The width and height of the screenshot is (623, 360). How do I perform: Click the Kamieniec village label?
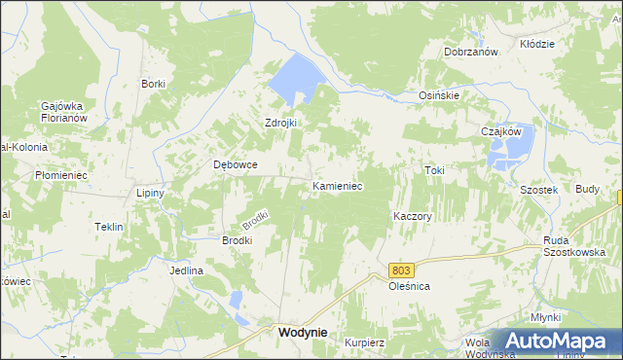(x=337, y=185)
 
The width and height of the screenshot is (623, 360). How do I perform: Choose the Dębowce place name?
(x=236, y=164)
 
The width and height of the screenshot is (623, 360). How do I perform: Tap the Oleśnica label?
(x=409, y=288)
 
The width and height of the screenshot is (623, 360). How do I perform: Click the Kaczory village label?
(x=412, y=215)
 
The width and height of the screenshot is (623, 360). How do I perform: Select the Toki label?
(x=434, y=170)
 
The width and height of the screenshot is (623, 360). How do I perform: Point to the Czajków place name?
(x=502, y=131)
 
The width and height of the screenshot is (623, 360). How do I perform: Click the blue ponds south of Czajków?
(x=511, y=152)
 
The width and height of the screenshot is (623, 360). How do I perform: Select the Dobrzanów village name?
(x=471, y=52)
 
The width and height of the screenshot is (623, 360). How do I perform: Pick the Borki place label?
(x=153, y=84)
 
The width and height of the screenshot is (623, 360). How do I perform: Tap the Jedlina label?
(x=186, y=270)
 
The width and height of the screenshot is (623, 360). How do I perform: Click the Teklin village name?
(x=108, y=227)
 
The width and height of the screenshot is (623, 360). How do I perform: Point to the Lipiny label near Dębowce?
(x=150, y=193)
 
